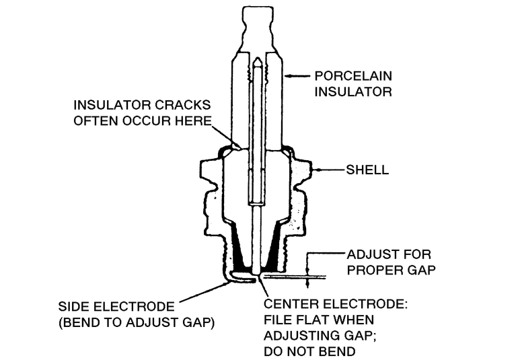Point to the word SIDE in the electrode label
click(x=73, y=306)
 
